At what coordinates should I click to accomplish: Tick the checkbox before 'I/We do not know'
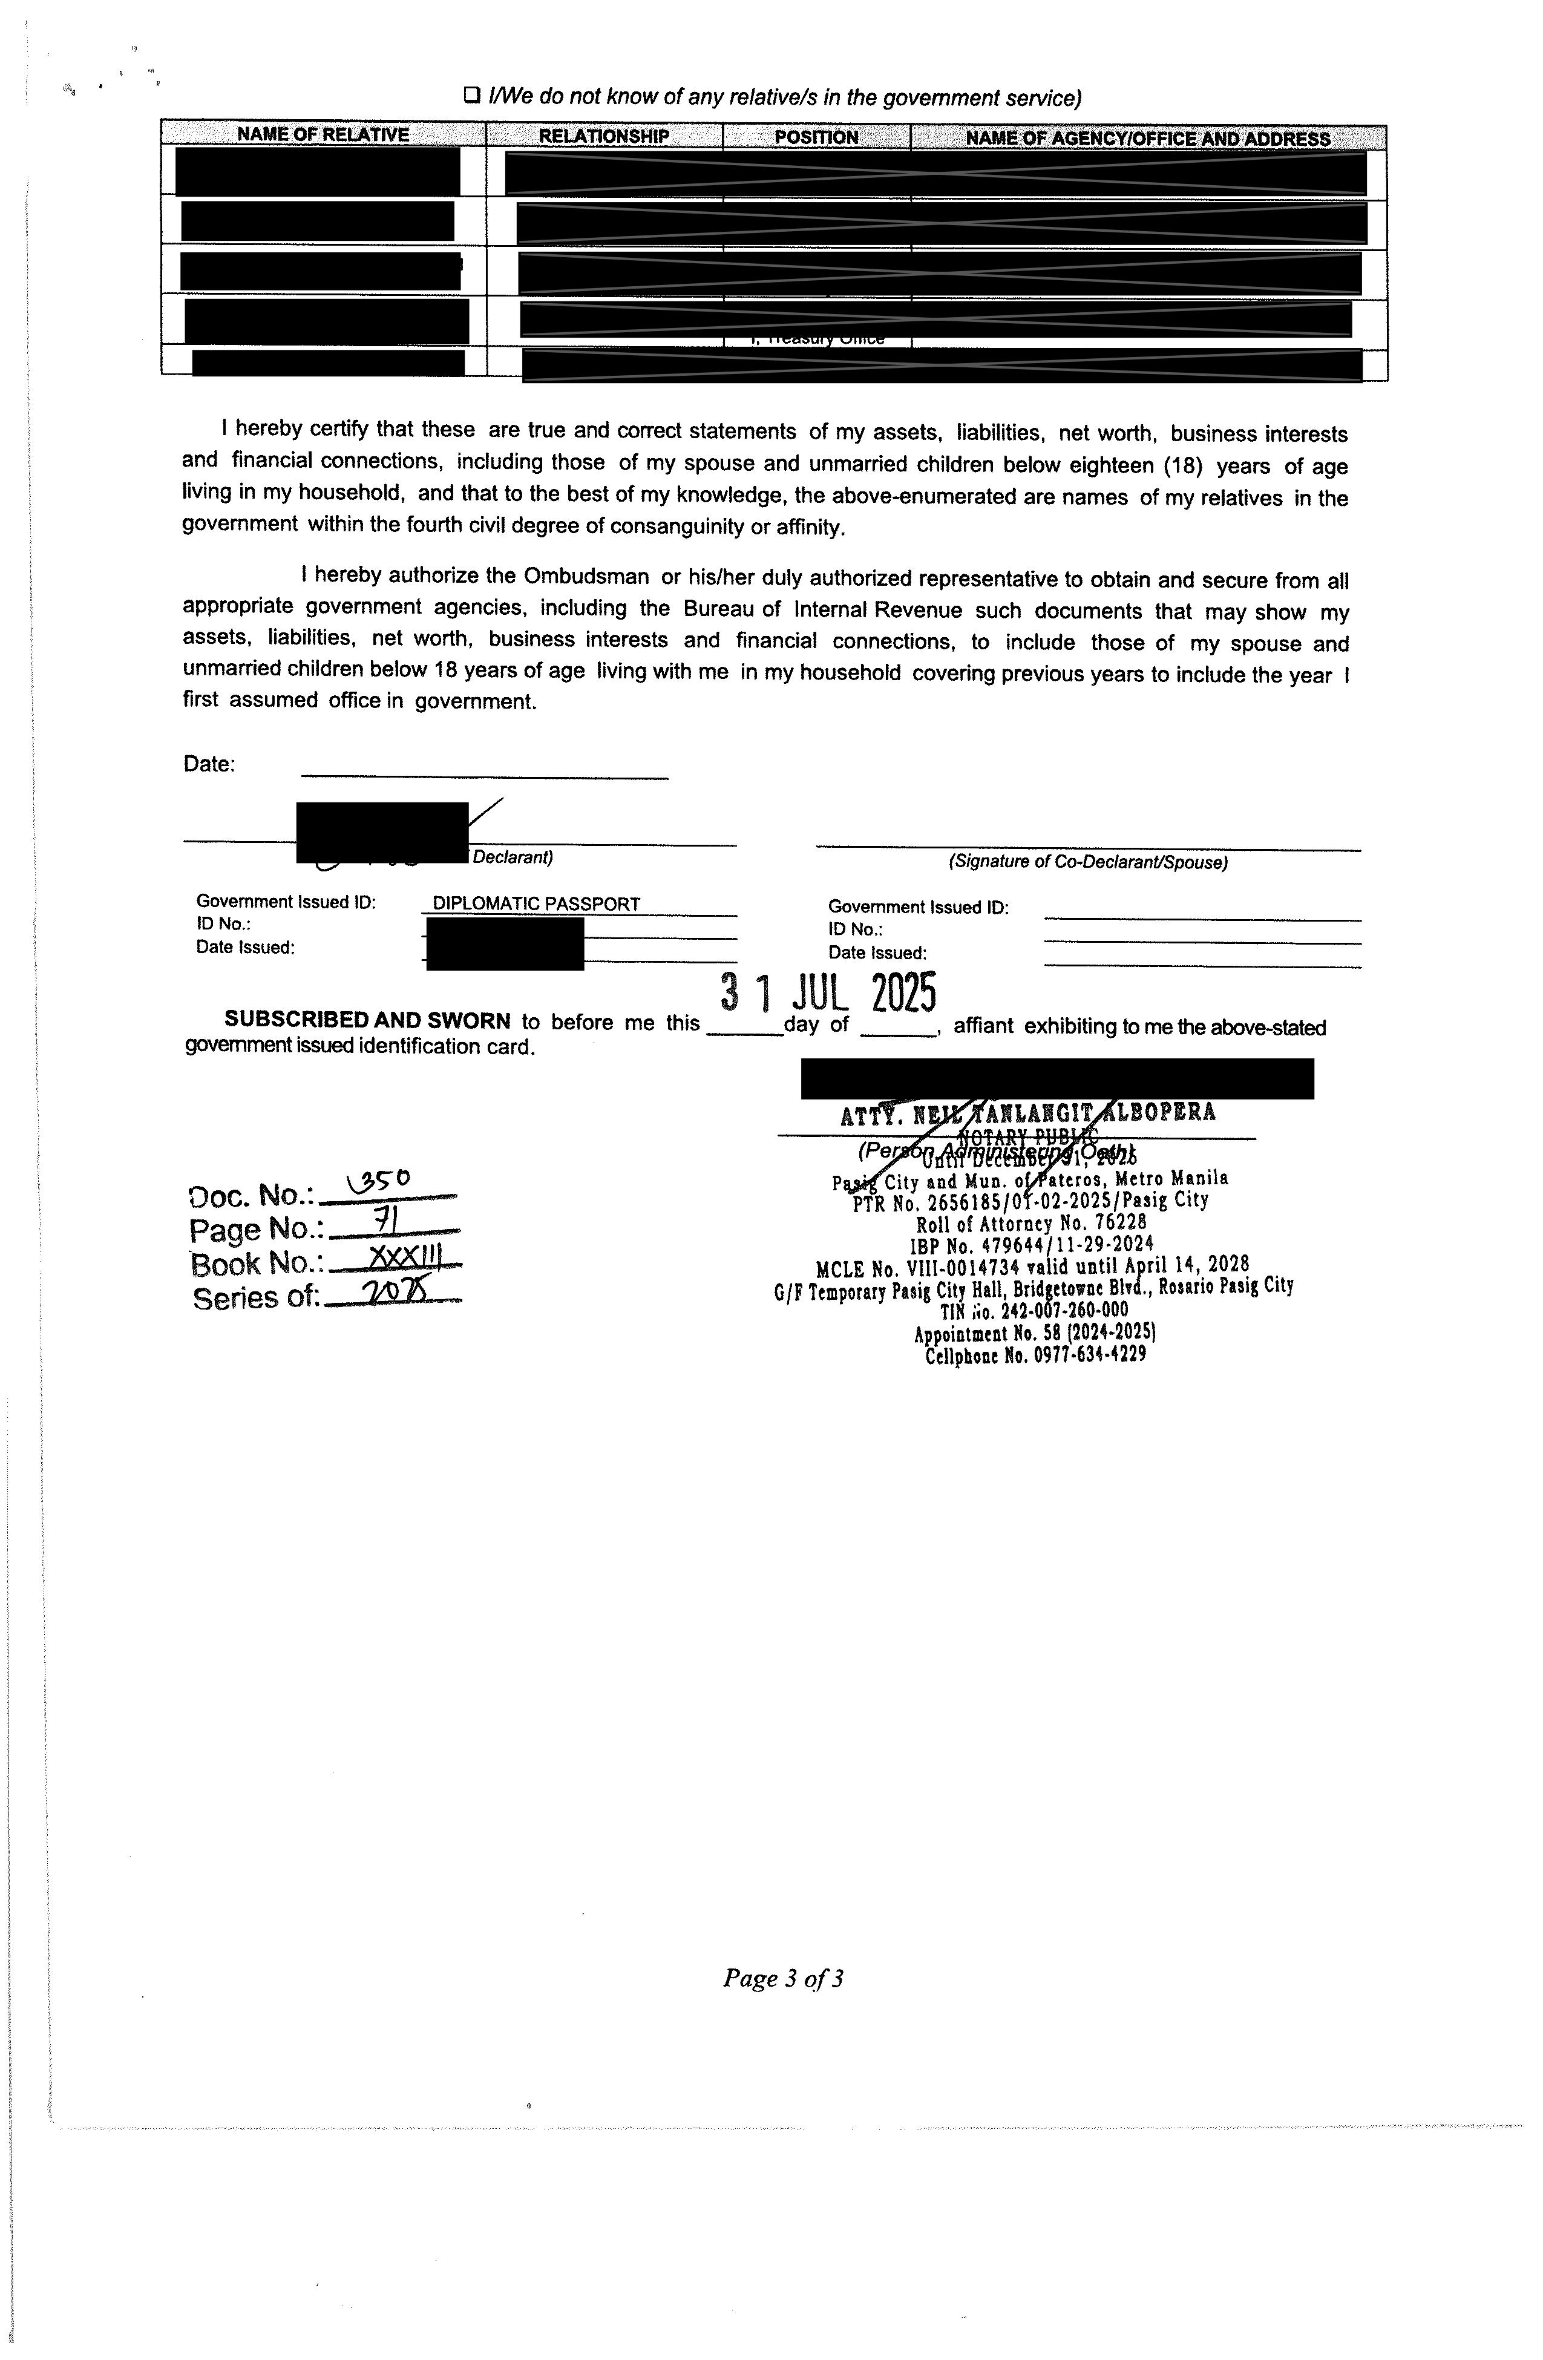[x=472, y=96]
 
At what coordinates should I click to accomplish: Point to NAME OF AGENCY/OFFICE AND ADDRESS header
[x=1147, y=138]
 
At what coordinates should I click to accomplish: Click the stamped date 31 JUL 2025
[x=828, y=992]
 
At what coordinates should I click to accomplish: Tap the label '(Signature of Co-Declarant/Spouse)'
[x=1088, y=862]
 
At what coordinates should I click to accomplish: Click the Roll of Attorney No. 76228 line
[x=1030, y=1222]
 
